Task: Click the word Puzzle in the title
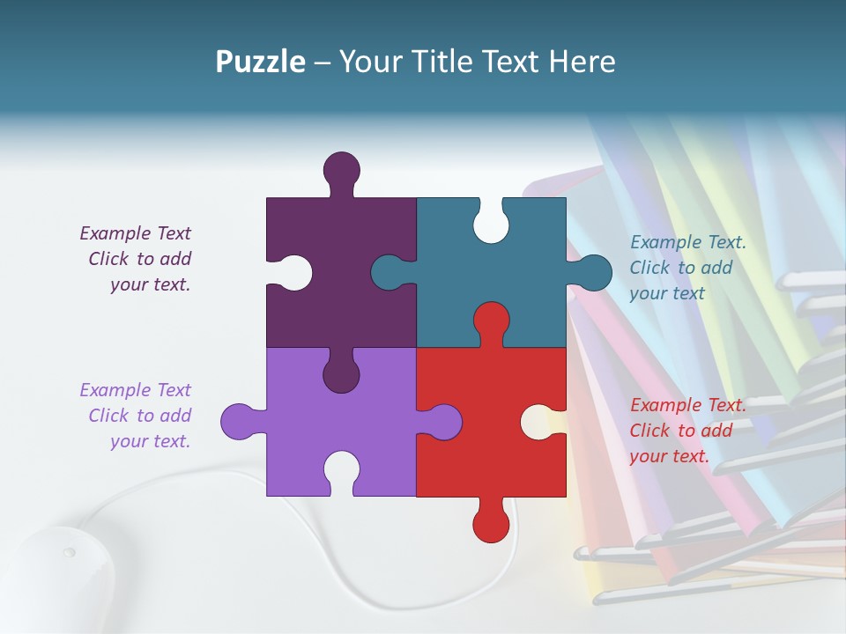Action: (260, 63)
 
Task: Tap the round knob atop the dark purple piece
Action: (341, 169)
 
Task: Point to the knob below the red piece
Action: (491, 524)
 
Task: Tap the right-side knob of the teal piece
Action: (594, 272)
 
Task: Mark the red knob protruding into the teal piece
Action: (491, 320)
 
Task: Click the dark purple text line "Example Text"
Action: (135, 233)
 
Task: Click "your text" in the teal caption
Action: (667, 293)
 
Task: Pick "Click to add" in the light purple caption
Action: (139, 416)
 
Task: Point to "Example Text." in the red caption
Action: (688, 405)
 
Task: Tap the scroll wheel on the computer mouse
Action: (69, 553)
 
